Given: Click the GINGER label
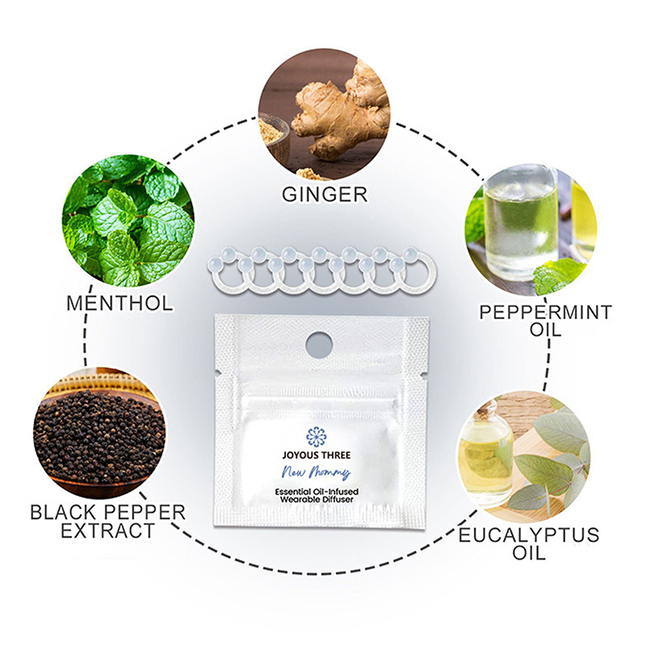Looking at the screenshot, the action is [325, 194].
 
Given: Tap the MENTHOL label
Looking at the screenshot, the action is [120, 304].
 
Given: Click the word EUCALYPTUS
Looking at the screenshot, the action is [529, 535].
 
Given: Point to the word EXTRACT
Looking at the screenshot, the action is [108, 531].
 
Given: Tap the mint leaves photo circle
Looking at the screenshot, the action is [128, 220].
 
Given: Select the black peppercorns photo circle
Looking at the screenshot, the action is [99, 434].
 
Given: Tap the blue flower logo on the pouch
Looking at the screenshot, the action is [317, 437].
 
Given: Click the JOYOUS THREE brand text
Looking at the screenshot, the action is [317, 455].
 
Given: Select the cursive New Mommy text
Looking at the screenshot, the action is [317, 472].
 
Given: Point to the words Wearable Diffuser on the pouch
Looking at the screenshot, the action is [317, 500].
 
